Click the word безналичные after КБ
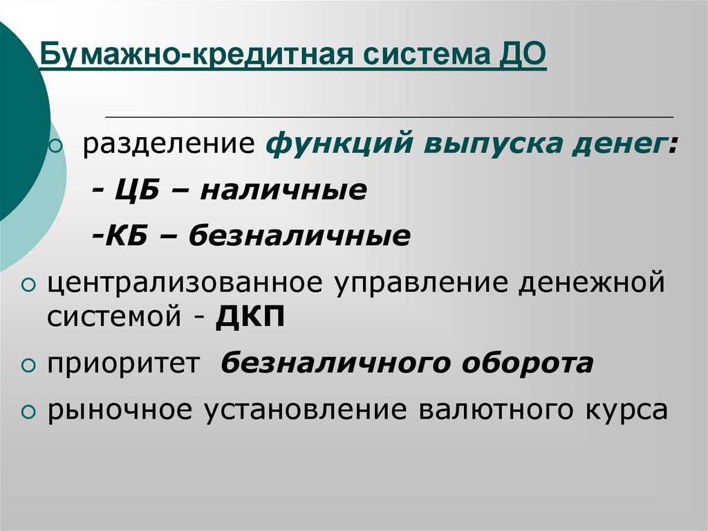(299, 236)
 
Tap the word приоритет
(123, 364)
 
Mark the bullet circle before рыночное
(28, 411)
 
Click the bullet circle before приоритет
(28, 366)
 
